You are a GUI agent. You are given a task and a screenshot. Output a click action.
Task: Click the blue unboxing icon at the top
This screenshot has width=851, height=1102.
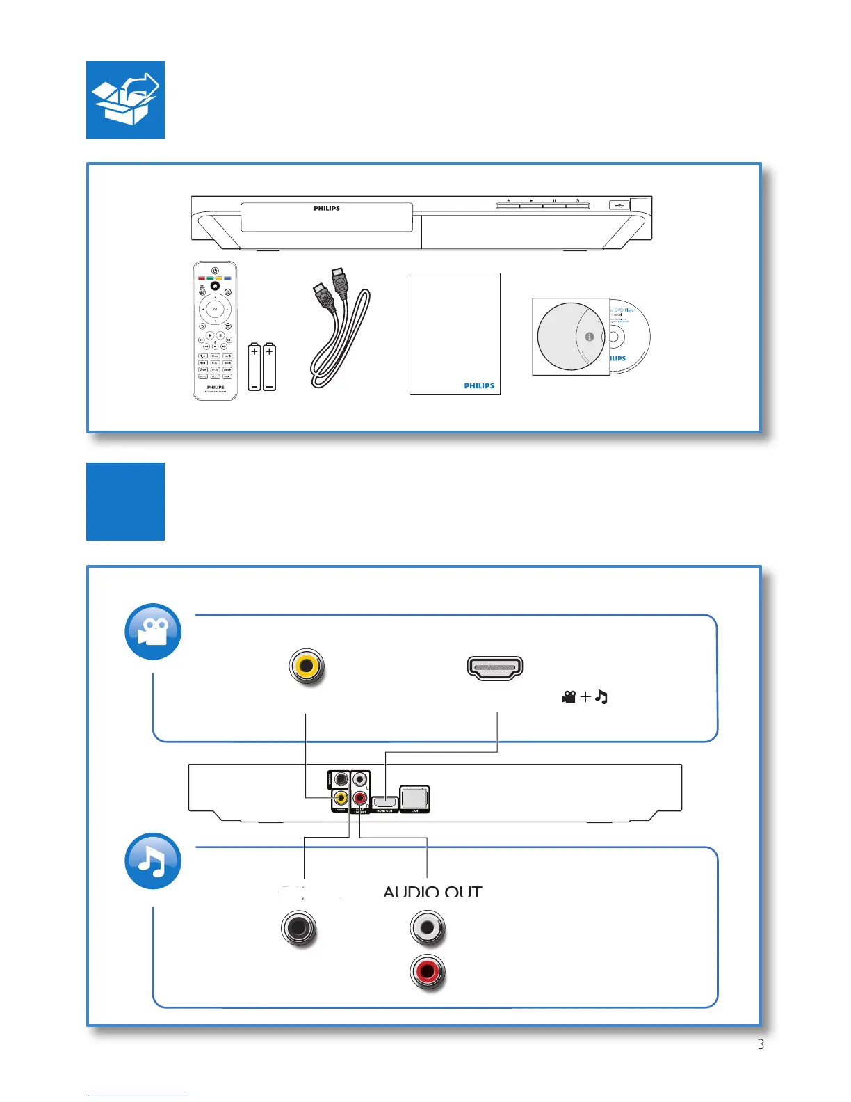coord(125,100)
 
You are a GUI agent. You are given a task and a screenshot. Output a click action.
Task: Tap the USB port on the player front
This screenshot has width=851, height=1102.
coord(619,205)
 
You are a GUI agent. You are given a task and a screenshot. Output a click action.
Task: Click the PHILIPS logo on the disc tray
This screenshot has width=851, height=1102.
coord(327,209)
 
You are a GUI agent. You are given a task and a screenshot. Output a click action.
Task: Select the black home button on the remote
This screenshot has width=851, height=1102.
coord(216,286)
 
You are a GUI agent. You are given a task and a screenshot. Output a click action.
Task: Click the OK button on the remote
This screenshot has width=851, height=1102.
coord(216,308)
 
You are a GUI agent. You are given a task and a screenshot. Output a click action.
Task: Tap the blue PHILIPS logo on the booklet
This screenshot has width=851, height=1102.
coord(479,385)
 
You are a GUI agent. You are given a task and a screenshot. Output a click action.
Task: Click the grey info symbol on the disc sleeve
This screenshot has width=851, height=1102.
coord(590,337)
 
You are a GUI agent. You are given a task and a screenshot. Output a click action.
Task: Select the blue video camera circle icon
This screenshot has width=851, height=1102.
coord(153,632)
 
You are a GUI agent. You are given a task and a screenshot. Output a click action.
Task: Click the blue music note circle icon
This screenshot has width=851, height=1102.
coord(153,861)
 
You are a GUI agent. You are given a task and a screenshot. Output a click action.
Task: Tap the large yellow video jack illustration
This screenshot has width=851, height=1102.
coord(306,666)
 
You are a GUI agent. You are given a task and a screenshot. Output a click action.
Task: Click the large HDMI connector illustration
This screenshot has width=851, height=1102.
coord(494,668)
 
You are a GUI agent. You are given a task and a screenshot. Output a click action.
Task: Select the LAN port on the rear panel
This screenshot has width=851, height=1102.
coord(415,798)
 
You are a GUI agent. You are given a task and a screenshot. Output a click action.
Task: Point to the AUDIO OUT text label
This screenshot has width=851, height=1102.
coord(432,891)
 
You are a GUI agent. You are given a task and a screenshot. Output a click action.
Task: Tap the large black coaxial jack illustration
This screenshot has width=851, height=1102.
coord(298,928)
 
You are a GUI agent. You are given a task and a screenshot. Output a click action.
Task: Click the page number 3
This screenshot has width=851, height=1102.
coord(761,1044)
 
